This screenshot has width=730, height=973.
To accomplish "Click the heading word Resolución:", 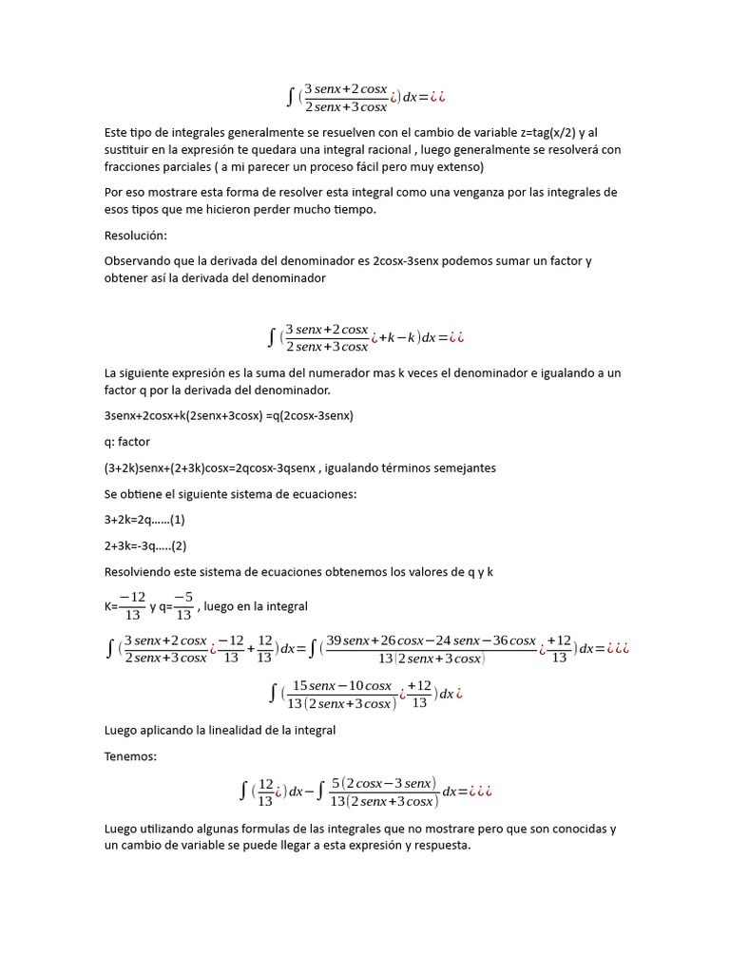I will pyautogui.click(x=136, y=235).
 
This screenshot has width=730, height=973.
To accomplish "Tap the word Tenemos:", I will pyautogui.click(x=131, y=756).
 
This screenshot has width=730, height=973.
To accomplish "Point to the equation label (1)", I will pyautogui.click(x=176, y=520).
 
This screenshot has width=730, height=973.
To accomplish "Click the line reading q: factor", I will pyautogui.click(x=127, y=442).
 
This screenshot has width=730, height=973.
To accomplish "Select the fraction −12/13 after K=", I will pyautogui.click(x=131, y=606).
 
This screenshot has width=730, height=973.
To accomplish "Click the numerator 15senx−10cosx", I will pyautogui.click(x=341, y=685).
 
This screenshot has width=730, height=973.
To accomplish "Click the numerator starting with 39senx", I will pyautogui.click(x=431, y=640).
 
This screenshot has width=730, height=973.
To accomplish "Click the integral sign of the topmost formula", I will pyautogui.click(x=290, y=96).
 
